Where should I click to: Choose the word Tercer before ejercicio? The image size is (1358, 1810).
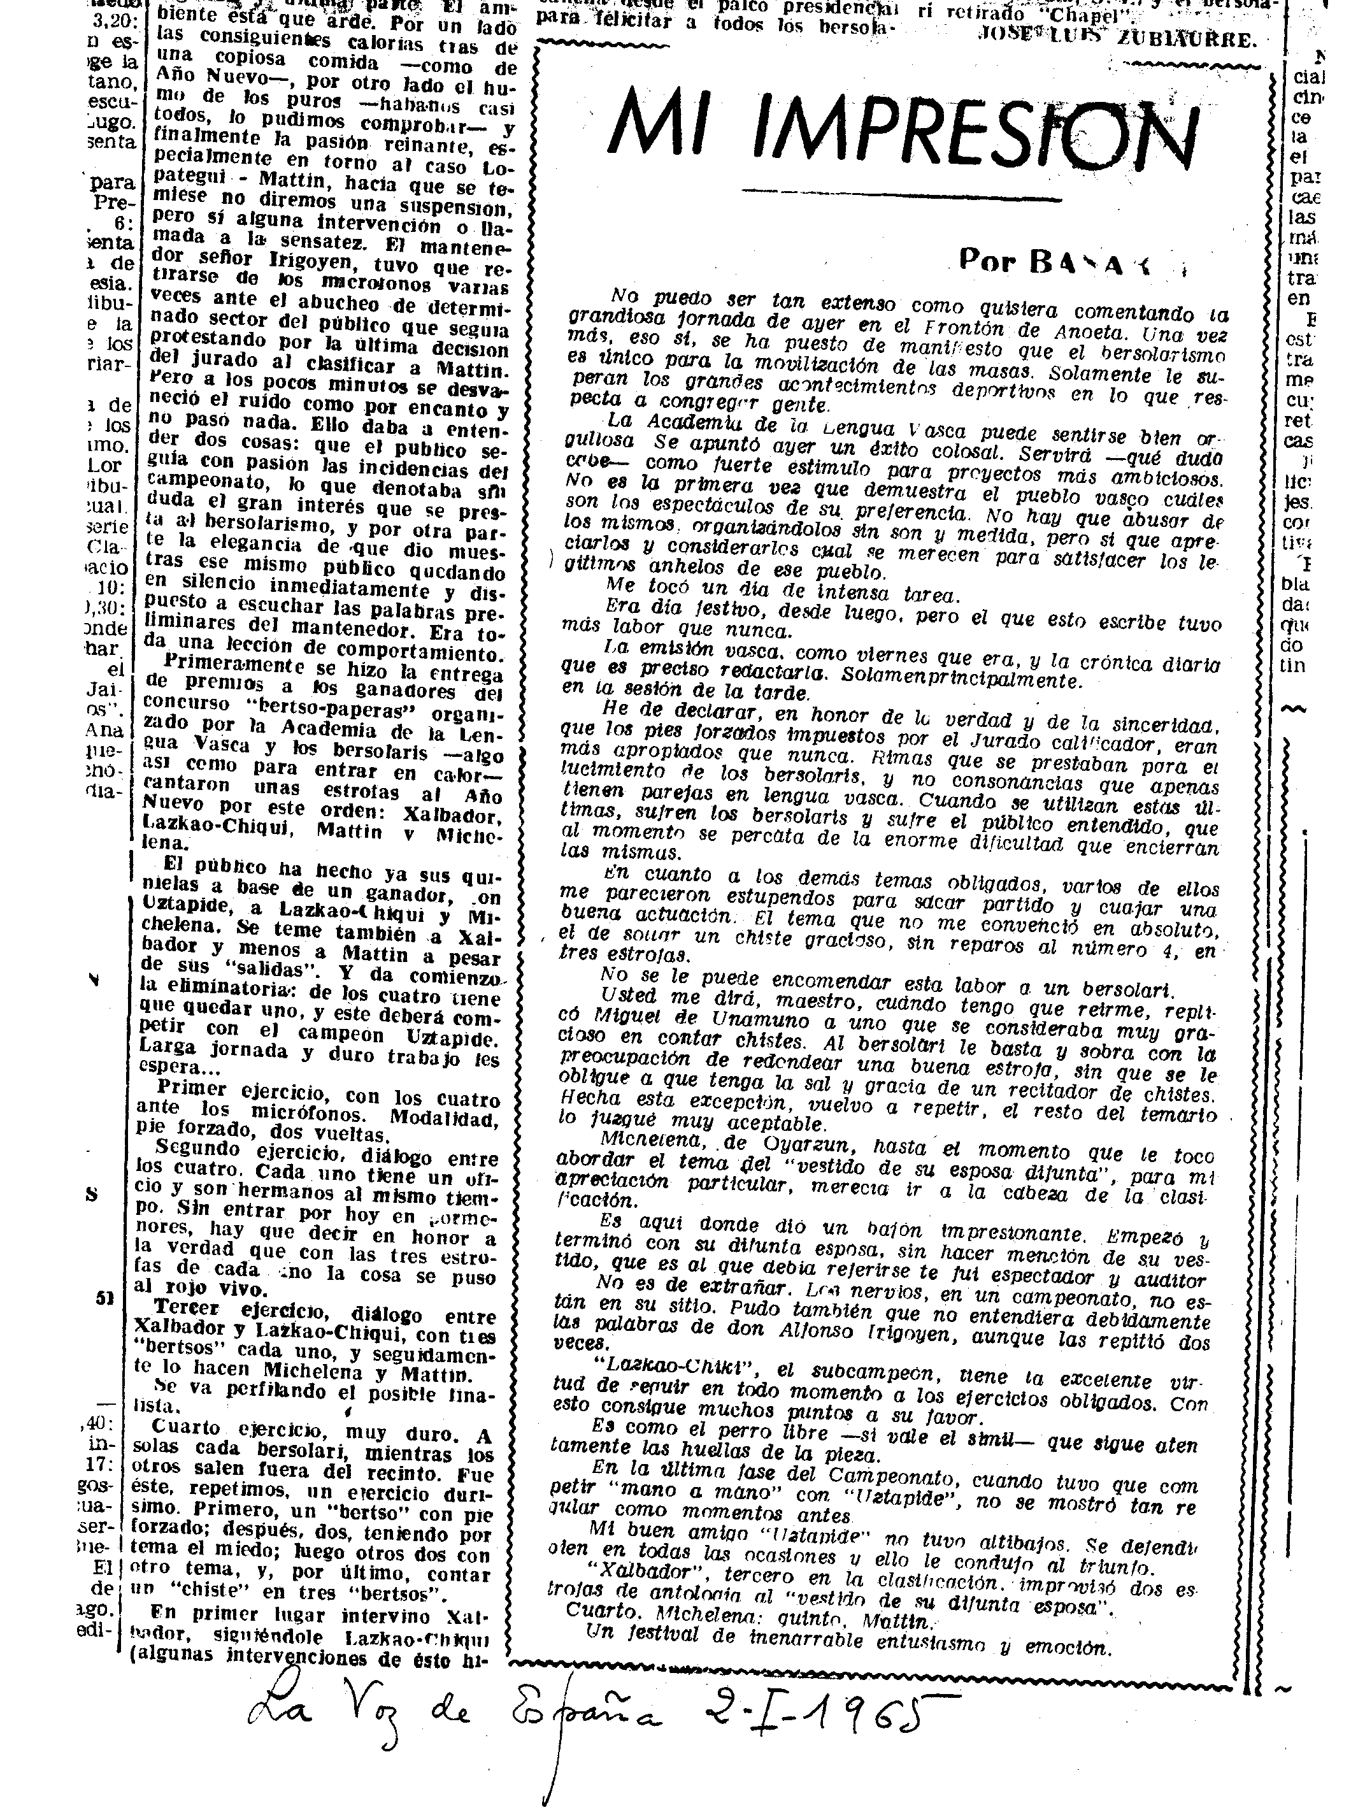192,1307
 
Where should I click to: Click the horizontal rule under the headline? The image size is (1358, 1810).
900,196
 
